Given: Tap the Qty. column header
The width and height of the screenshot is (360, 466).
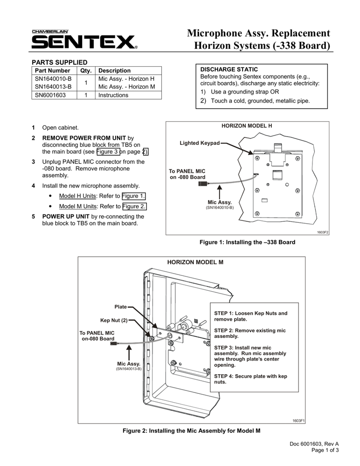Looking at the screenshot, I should tap(85, 70).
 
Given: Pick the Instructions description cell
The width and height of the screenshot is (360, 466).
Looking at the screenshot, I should tap(113, 95).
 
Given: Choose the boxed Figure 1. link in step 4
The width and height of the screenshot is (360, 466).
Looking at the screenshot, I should tap(134, 196).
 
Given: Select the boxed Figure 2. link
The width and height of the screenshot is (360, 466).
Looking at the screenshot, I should tap(134, 206).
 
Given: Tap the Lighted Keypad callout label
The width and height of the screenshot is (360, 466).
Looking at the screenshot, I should tap(200, 144).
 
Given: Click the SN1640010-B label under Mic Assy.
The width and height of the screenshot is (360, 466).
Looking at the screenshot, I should tap(220, 207).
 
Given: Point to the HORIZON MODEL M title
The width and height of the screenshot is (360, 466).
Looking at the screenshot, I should tap(195, 262).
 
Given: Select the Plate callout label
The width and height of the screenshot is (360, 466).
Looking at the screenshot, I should tap(121, 307).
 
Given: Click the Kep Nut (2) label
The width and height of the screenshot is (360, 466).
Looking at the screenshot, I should tap(114, 321).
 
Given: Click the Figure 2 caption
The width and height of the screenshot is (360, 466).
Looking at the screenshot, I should tap(191, 431).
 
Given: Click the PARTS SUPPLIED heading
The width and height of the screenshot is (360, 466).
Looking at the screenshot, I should tap(59, 62).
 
